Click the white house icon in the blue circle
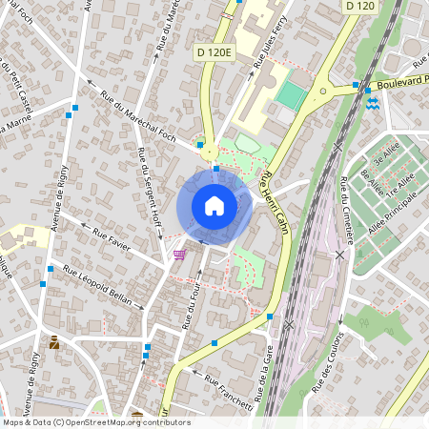[x=214, y=205]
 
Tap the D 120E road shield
[x=214, y=52]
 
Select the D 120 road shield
[x=359, y=6]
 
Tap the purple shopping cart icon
[x=179, y=255]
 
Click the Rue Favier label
[x=112, y=234]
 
